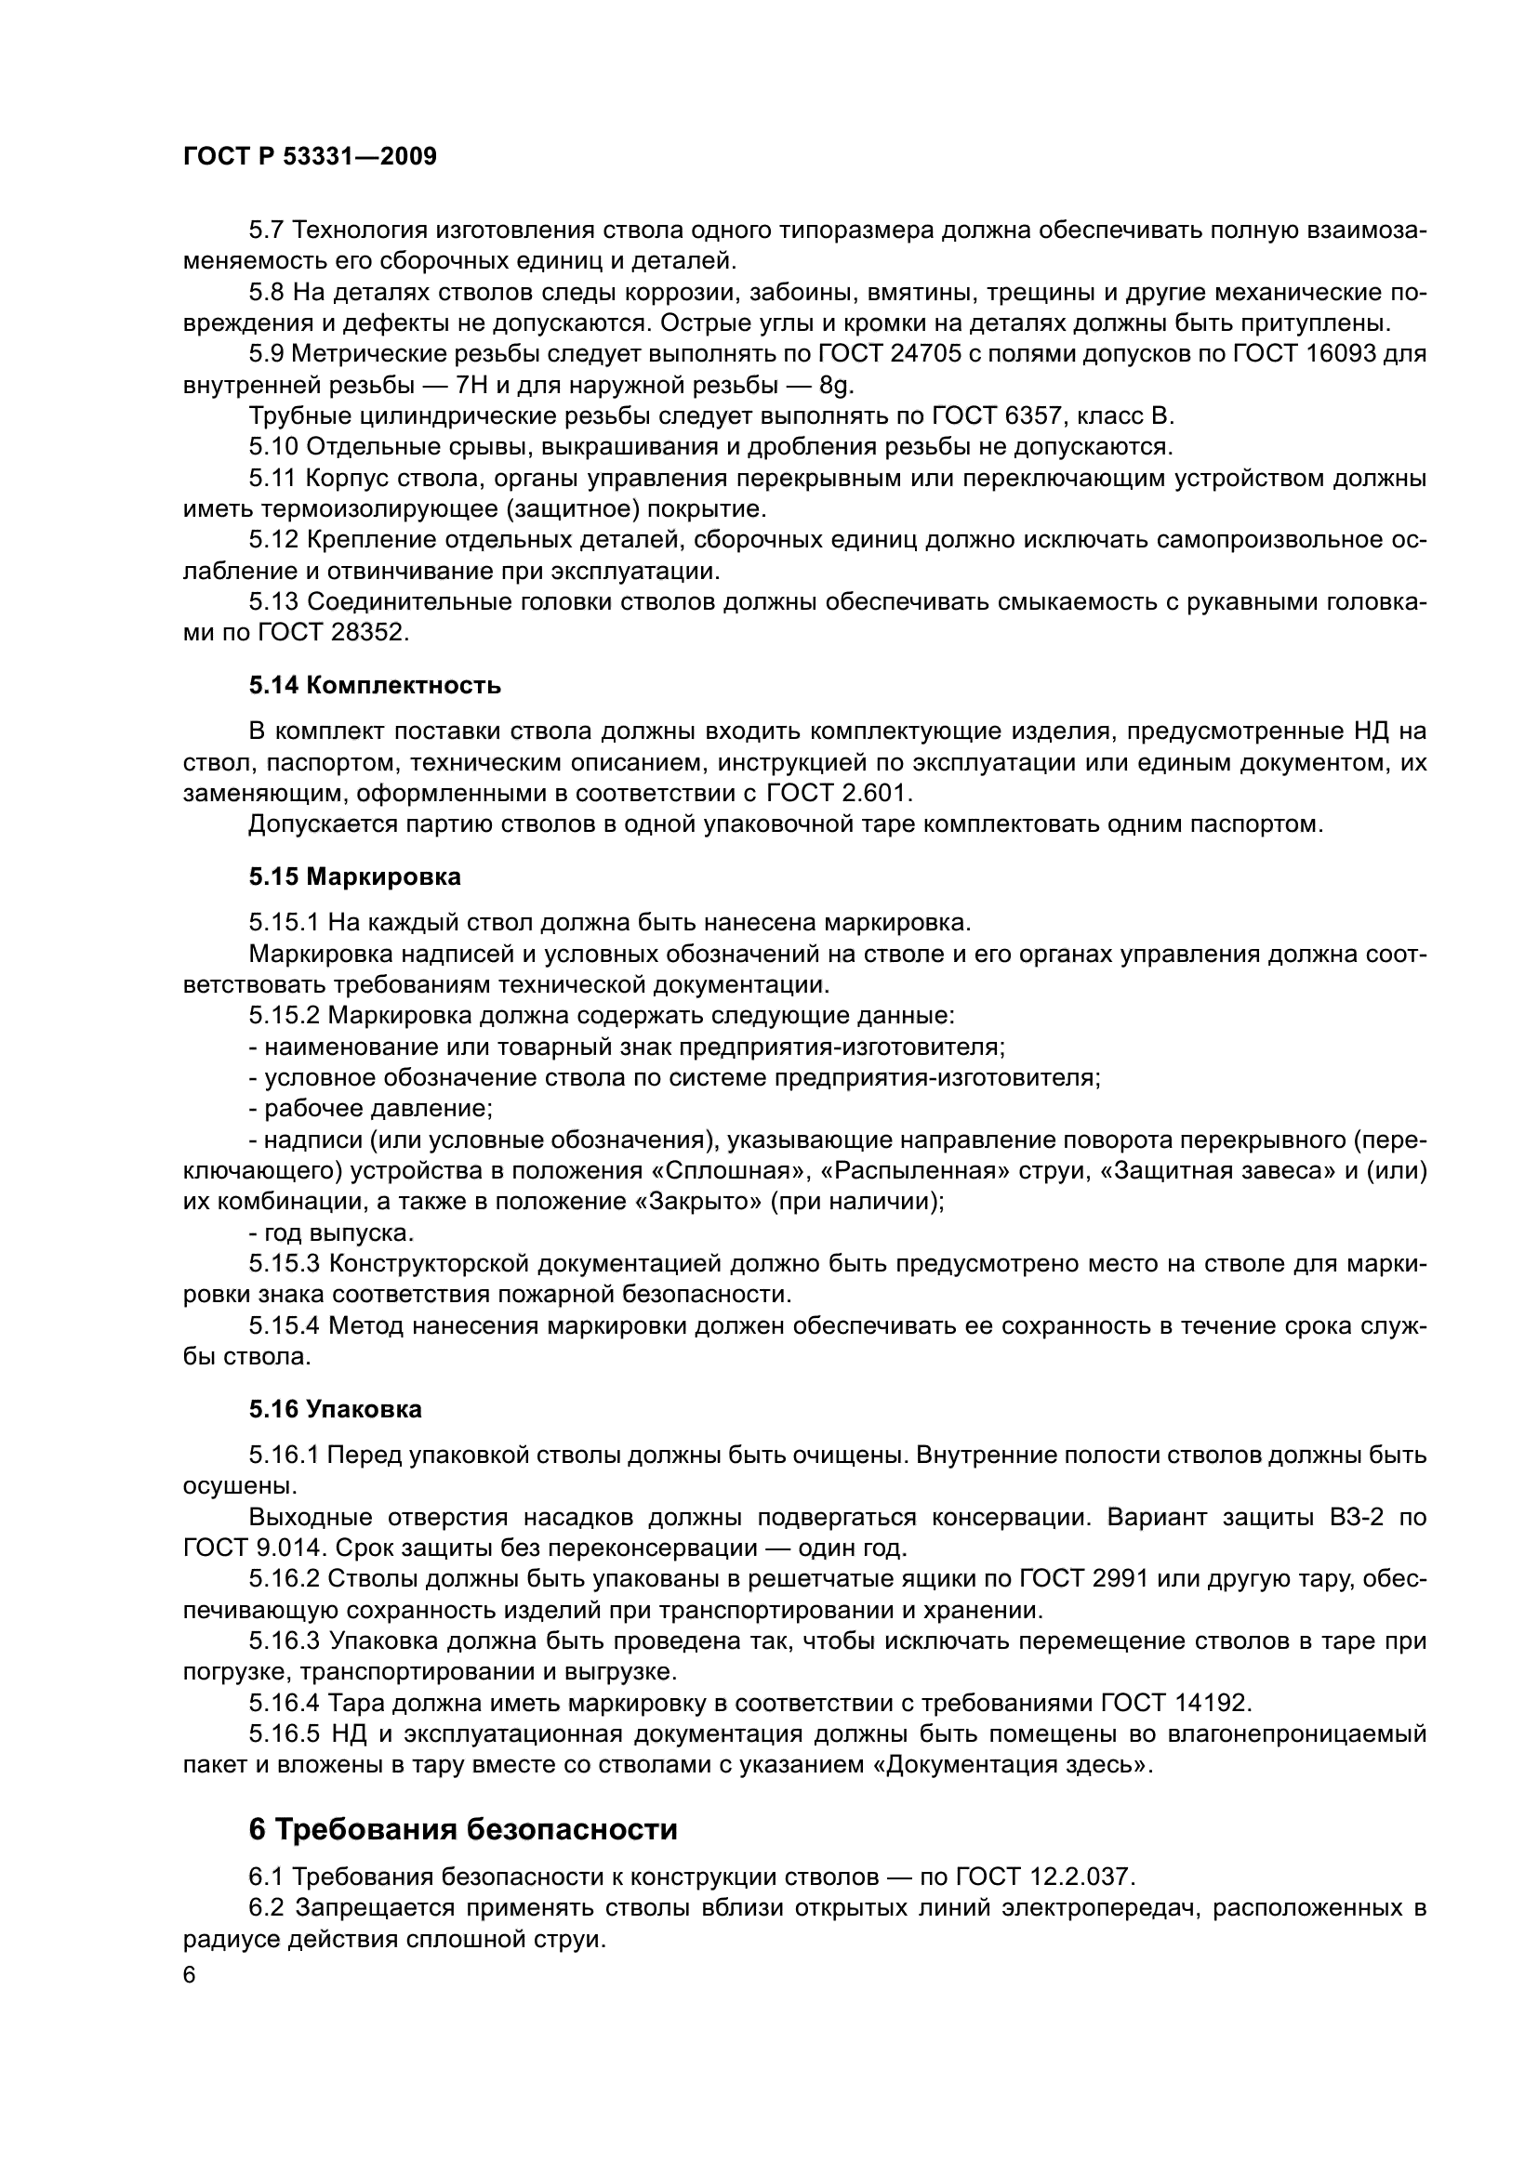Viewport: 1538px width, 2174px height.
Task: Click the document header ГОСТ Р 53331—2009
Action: [310, 157]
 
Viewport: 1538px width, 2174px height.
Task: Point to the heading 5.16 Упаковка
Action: [336, 1409]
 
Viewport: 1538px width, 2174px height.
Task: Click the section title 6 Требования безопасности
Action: [463, 1829]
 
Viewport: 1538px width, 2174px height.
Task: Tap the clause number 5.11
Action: [274, 478]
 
